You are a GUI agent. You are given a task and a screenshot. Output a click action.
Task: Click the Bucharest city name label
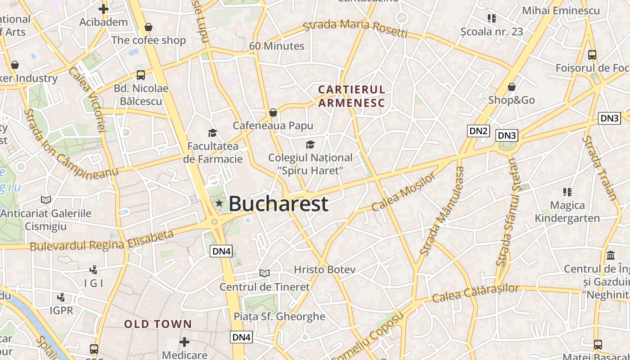pos(279,204)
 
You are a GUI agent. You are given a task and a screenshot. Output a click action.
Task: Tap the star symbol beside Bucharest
pos(219,203)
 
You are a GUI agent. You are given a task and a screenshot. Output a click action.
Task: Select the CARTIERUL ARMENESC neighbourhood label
pos(351,96)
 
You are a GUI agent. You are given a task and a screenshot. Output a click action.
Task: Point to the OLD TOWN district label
pos(158,324)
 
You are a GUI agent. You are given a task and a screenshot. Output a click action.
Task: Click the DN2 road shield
pos(478,131)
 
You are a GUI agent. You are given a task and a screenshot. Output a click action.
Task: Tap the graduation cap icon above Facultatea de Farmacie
pos(212,133)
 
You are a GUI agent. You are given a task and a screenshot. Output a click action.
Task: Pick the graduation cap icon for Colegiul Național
pos(310,144)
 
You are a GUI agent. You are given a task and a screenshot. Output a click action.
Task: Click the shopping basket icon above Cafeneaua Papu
pos(273,112)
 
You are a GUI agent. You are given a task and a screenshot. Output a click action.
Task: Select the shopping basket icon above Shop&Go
pos(511,86)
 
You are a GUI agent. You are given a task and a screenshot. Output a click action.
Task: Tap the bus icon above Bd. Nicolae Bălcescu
pos(141,75)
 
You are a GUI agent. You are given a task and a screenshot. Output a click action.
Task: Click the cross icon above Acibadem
pos(103,9)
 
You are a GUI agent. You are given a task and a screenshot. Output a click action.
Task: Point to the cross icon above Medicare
pos(184,342)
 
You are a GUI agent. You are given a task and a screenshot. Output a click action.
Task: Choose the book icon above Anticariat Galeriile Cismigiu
pos(45,200)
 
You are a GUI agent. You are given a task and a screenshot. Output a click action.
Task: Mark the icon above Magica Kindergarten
pos(567,192)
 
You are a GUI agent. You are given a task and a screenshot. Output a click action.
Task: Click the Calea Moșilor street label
pos(404,192)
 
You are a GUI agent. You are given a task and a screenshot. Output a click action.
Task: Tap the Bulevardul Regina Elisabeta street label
pos(102,241)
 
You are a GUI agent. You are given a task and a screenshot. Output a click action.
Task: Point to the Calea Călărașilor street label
pos(476,293)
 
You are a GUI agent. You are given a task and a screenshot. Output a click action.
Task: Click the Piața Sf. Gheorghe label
pos(279,316)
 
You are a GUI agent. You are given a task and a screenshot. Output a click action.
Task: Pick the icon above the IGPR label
pos(61,297)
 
